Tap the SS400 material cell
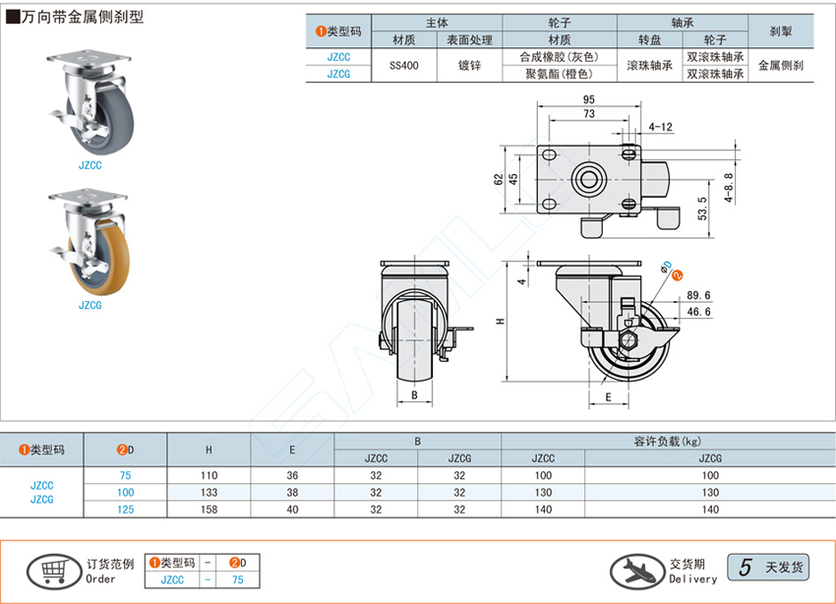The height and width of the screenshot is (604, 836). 402,66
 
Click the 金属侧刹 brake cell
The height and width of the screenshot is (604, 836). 781,66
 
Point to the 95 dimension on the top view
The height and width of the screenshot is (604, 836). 588,100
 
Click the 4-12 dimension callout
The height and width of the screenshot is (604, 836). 661,127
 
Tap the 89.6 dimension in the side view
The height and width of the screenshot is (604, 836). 699,294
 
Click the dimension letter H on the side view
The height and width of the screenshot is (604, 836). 499,322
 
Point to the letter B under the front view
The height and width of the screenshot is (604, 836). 415,394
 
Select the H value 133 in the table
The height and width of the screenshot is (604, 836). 209,492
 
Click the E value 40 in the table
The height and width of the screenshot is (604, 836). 292,509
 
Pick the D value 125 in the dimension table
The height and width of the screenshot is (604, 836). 125,509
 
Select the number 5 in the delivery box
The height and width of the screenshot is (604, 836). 746,568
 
